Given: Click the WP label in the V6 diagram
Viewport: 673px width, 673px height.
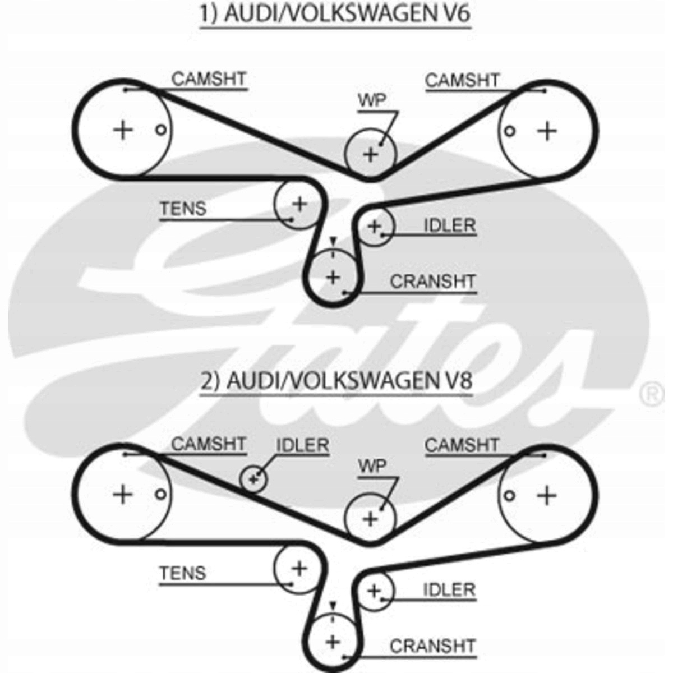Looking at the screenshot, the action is pos(372,101).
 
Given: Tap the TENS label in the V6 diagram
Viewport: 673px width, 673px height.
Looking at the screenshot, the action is pos(183,209).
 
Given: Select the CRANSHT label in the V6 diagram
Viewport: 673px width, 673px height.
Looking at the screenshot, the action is pos(433,282).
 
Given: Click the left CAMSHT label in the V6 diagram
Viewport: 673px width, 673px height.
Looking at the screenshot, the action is pos(209,79).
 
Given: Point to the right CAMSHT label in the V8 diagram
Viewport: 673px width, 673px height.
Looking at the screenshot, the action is pos(462,445).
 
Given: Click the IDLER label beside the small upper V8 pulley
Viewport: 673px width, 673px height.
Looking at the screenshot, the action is pos(302,445).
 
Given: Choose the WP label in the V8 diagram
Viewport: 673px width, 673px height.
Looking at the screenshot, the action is pos(372,466).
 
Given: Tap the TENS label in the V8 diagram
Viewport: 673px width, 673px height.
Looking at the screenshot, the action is pos(183,573).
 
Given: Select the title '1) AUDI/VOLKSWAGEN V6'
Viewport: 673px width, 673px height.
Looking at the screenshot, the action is pos(335,13).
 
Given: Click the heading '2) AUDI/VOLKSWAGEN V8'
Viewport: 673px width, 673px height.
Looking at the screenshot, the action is pos(336,380).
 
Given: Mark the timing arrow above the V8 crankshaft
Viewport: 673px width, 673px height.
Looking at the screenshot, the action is pos(333,606).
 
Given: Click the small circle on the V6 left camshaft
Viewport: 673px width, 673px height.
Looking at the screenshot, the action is pos(160,130).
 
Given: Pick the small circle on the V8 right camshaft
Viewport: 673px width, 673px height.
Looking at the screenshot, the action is pos(510,495).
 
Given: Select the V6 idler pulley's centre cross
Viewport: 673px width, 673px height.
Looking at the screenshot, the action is pos(375,227).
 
